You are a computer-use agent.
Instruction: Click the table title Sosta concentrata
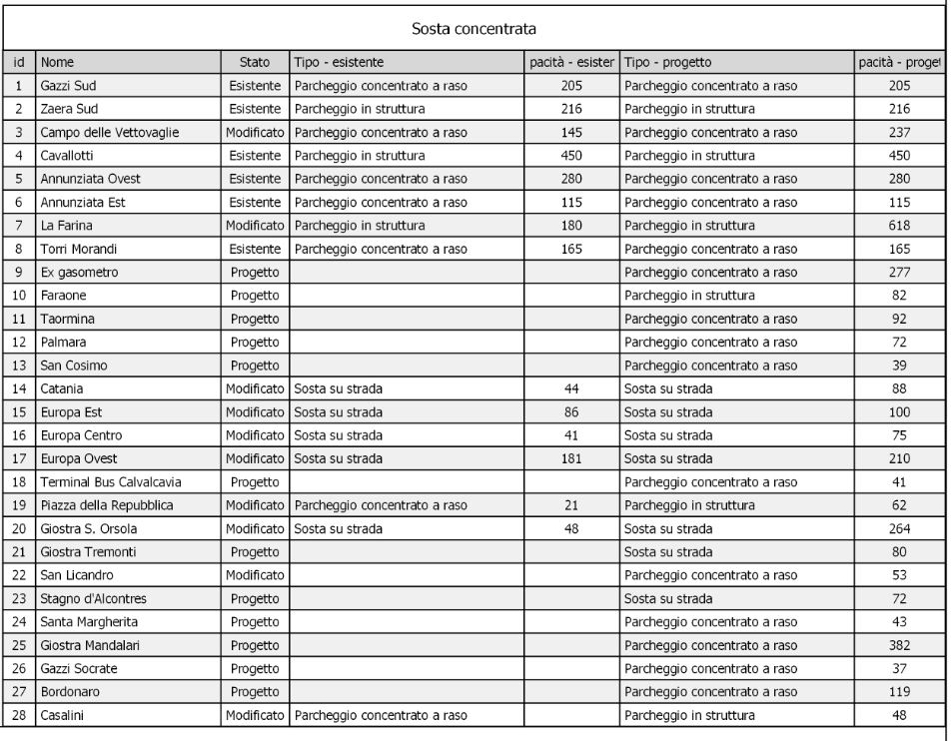coord(476,28)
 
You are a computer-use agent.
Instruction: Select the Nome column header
coord(58,62)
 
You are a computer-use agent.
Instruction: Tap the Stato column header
coord(255,62)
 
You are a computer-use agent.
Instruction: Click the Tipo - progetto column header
coord(667,62)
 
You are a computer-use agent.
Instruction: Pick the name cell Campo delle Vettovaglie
coord(111,132)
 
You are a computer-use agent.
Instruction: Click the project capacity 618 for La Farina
coord(899,226)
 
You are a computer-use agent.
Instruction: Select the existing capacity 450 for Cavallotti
coord(571,156)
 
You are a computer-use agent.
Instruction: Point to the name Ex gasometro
coord(79,273)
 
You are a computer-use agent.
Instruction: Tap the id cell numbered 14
coord(19,388)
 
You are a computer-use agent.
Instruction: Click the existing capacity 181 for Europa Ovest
coord(571,458)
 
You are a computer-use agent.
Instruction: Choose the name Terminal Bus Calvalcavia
coord(111,482)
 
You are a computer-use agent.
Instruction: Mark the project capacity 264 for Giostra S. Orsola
coord(899,529)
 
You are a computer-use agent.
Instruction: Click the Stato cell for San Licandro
coord(255,575)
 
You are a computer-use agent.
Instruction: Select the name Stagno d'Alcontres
coord(94,599)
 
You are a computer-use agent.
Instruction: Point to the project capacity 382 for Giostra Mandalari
coord(899,645)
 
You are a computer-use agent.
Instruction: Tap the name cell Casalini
coord(64,715)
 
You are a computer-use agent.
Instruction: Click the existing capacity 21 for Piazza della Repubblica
coord(571,505)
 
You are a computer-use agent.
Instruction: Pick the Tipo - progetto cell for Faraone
coord(689,296)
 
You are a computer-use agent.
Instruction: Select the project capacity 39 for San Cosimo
coord(899,366)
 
